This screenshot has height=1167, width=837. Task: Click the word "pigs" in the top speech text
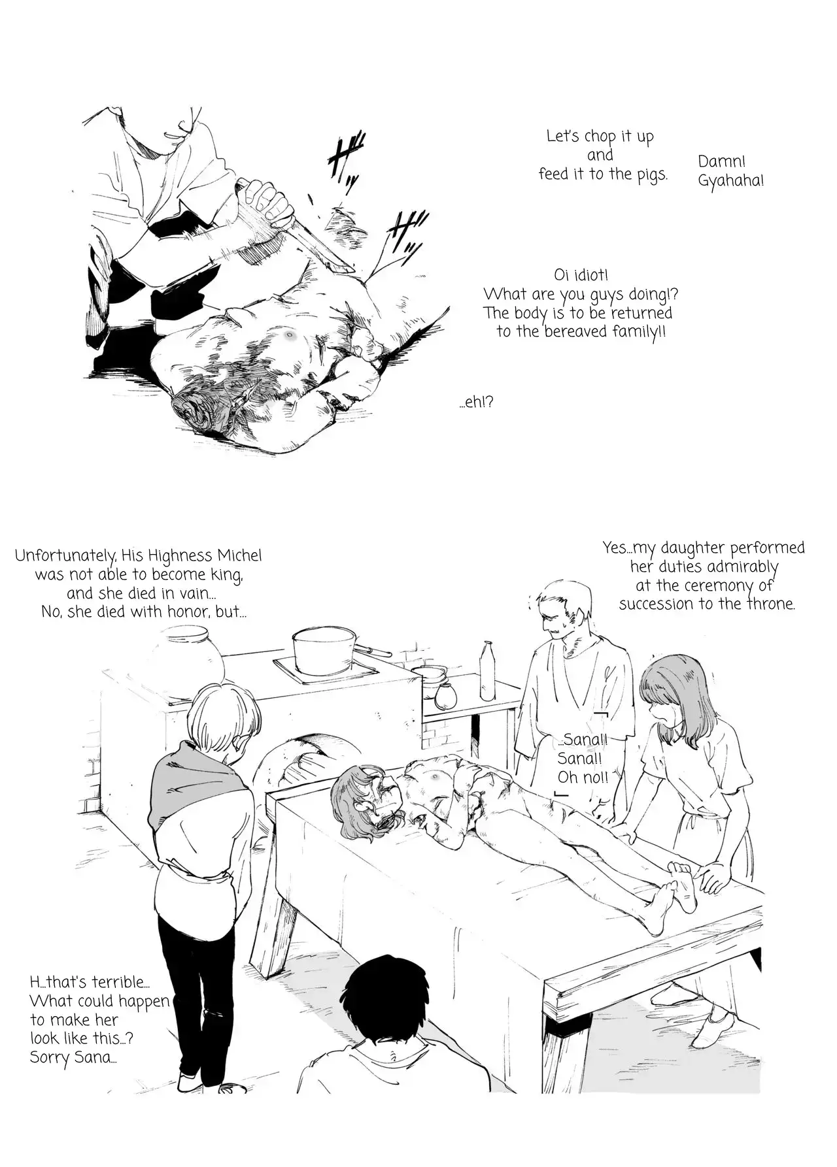[651, 175]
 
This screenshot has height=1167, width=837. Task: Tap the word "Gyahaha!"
[730, 181]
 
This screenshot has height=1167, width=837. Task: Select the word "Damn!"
[722, 161]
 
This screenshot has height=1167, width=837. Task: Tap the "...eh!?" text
[476, 402]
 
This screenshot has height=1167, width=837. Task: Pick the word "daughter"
[691, 548]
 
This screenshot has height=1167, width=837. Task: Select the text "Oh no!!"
[583, 778]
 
